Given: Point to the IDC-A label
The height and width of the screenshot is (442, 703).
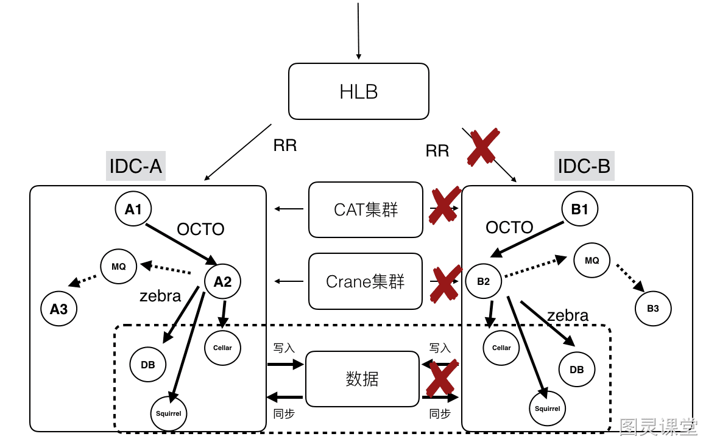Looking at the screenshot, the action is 136,166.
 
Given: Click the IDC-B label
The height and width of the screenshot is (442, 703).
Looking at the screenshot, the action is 584,166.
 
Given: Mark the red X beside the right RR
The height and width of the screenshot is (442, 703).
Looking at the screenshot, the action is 483,147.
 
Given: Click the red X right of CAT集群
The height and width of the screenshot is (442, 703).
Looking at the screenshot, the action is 445,205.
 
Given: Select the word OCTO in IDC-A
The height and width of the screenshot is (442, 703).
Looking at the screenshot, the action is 200,229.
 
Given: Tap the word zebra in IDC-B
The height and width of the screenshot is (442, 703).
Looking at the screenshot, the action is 568,315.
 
